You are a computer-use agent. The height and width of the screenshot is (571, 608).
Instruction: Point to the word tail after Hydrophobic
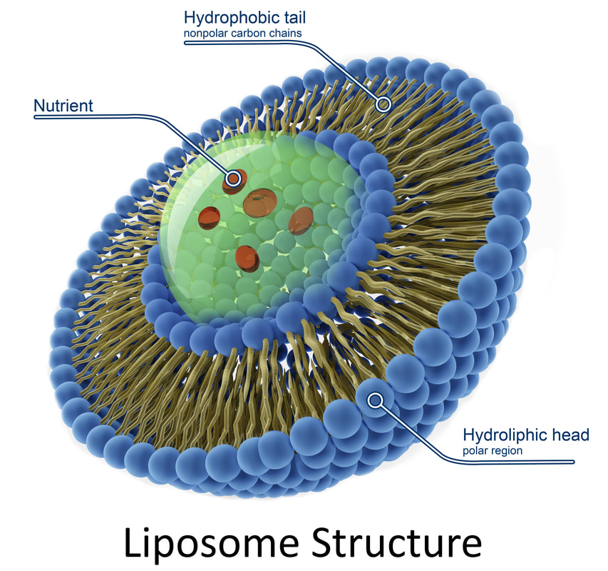(x=293, y=17)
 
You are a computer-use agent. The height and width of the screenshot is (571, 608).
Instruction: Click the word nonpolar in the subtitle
(x=205, y=34)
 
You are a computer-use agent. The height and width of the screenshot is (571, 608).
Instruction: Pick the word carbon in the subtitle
(x=248, y=34)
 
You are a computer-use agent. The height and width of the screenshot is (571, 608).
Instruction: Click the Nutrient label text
(x=63, y=106)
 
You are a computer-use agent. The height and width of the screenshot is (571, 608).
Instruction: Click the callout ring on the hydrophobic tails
(x=383, y=104)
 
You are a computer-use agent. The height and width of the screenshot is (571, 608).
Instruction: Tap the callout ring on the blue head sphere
(x=375, y=400)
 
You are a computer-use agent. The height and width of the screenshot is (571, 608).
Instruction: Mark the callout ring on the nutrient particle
(x=234, y=178)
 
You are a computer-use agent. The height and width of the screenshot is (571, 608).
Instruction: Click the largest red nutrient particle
(x=259, y=202)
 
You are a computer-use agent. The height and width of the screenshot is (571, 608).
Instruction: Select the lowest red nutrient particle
(x=247, y=259)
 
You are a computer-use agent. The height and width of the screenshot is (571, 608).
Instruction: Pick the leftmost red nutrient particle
(x=210, y=218)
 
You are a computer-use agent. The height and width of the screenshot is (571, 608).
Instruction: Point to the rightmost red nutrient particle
(x=301, y=221)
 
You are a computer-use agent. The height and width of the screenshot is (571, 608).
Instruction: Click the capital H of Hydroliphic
(x=468, y=435)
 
